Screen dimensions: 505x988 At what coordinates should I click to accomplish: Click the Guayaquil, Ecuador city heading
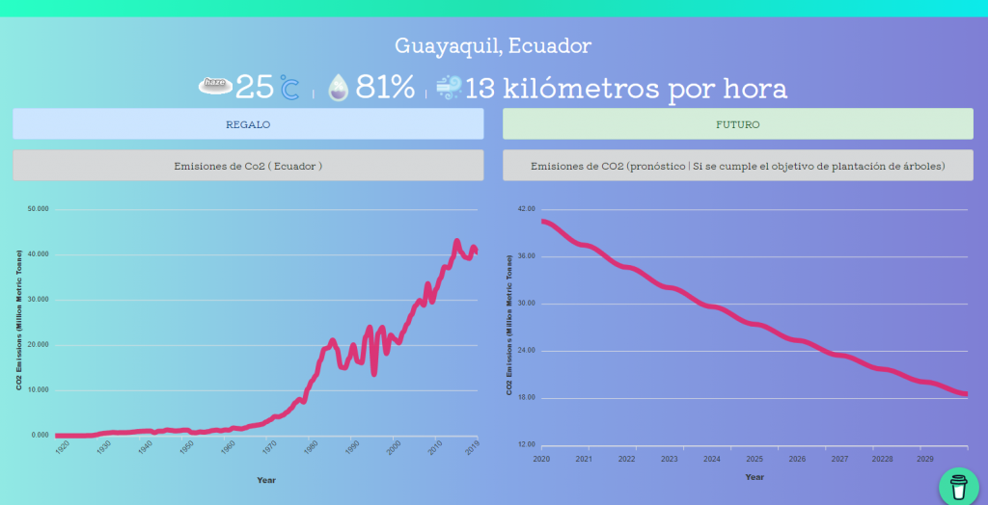click(493, 45)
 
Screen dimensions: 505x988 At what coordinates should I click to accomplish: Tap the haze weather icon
click(215, 85)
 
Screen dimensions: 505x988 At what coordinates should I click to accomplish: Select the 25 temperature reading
click(255, 88)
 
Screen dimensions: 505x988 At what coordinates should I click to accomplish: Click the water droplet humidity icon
click(338, 88)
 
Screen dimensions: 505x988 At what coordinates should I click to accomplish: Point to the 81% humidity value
click(386, 88)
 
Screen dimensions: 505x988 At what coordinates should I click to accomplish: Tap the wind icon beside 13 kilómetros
click(449, 88)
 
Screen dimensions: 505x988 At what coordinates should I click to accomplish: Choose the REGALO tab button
click(248, 124)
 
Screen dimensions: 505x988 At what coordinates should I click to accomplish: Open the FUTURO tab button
click(738, 124)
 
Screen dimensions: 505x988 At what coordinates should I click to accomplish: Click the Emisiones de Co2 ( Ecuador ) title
click(248, 166)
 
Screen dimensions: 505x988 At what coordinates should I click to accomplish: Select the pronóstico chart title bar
click(738, 166)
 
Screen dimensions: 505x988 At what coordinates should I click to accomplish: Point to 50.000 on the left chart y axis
click(39, 209)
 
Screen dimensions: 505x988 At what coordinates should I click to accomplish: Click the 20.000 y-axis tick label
click(39, 345)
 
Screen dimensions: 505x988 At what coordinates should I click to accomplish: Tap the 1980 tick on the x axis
click(311, 448)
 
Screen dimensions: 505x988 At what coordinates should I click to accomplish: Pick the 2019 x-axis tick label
click(474, 448)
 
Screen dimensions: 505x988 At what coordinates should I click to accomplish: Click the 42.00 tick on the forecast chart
click(527, 209)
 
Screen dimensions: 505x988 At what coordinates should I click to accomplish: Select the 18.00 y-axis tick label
click(527, 398)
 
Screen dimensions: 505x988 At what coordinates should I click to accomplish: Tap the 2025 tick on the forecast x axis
click(755, 460)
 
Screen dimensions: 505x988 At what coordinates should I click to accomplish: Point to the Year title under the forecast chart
click(755, 477)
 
